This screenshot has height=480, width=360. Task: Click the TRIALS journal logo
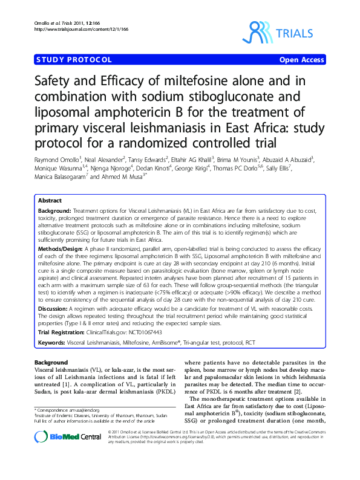click(283, 33)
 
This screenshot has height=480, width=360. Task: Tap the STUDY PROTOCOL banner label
click(74, 60)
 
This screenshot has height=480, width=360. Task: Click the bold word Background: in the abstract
click(53, 209)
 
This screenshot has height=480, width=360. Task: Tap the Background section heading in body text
click(51, 362)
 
